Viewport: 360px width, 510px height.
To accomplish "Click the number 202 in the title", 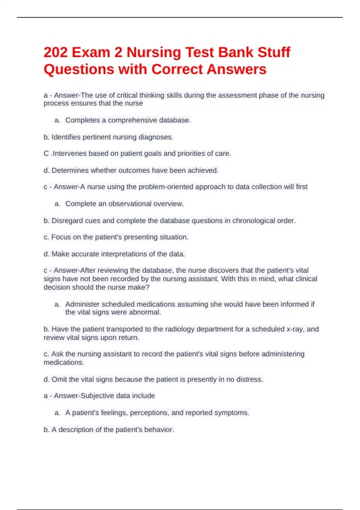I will [x=55, y=52].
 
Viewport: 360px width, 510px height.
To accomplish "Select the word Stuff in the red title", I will [x=274, y=52].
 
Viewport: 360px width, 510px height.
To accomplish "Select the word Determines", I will [x=70, y=170].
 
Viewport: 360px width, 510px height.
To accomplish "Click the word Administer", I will [x=82, y=304].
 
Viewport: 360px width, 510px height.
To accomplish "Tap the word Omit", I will [x=59, y=379].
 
